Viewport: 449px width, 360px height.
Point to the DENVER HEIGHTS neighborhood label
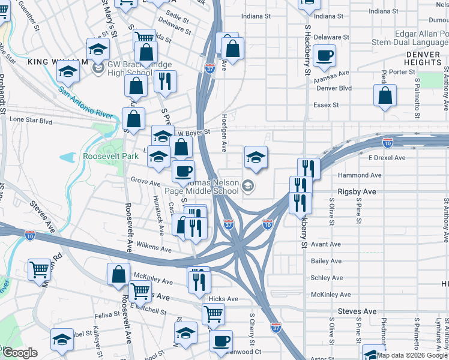coord(423,58)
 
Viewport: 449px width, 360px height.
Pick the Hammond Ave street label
coord(360,175)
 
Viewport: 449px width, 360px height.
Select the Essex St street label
coord(327,105)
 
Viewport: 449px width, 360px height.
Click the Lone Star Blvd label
coord(31,120)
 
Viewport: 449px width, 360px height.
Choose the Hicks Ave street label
coord(223,299)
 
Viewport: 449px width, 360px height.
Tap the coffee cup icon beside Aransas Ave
coord(325,56)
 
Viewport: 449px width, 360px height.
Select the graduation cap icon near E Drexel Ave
coord(256,157)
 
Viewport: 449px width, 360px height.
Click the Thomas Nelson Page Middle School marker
coord(247,187)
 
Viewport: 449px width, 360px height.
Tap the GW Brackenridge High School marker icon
coord(97,69)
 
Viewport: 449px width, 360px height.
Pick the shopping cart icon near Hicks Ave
coord(213,313)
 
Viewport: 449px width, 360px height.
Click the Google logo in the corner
coord(19,353)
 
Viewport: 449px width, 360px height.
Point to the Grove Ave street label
coord(146,180)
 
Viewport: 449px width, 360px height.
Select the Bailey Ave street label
coord(326,261)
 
